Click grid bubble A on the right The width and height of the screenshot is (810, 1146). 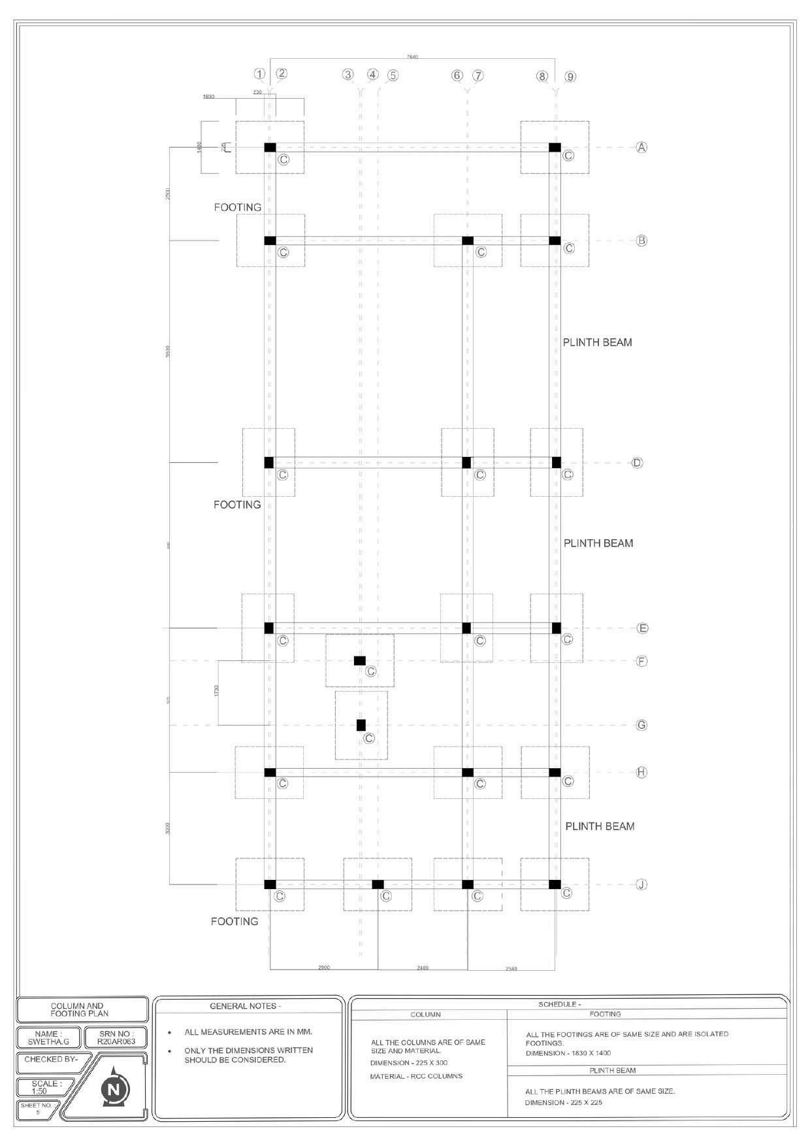pyautogui.click(x=641, y=148)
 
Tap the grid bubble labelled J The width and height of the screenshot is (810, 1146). pyautogui.click(x=641, y=885)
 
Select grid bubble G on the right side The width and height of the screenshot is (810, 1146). pyautogui.click(x=641, y=725)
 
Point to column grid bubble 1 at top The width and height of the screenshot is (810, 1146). pyautogui.click(x=260, y=74)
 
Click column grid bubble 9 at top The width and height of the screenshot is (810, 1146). pyautogui.click(x=570, y=76)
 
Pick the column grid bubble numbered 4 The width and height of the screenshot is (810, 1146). pyautogui.click(x=372, y=75)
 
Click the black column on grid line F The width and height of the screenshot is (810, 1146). pyautogui.click(x=359, y=660)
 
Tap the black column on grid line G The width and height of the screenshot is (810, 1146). pyautogui.click(x=361, y=725)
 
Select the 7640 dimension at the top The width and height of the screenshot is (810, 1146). pyautogui.click(x=412, y=58)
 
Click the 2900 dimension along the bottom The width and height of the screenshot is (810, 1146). pyautogui.click(x=324, y=968)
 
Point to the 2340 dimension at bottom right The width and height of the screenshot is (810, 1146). pyautogui.click(x=511, y=968)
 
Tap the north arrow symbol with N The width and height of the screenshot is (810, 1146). pyautogui.click(x=115, y=1089)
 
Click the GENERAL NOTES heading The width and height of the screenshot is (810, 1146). pyautogui.click(x=246, y=1006)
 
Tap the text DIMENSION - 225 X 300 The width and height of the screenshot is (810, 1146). pyautogui.click(x=408, y=1062)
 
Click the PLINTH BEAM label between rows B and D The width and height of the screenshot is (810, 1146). pyautogui.click(x=597, y=342)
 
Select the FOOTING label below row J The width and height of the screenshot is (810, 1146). pyautogui.click(x=235, y=921)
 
